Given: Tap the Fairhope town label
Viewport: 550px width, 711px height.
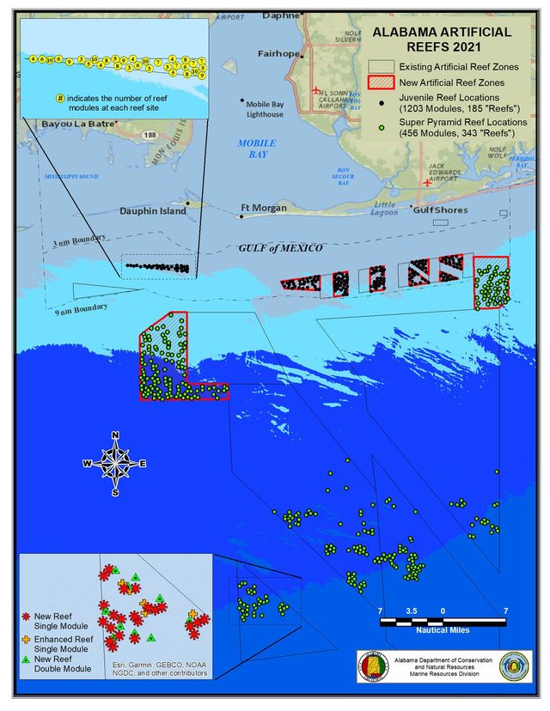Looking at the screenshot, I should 278,54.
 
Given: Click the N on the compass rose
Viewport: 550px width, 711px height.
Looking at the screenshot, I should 115,434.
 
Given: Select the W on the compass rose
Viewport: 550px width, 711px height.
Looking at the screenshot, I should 87,464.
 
